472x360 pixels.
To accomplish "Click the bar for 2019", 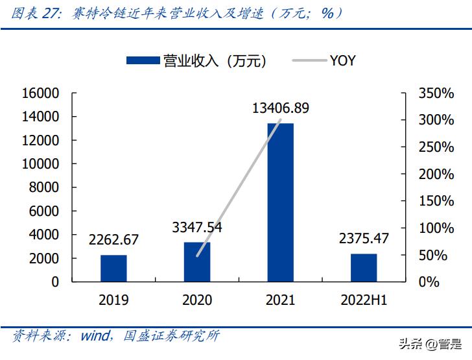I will (113, 268).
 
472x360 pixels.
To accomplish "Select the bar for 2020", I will (197, 261).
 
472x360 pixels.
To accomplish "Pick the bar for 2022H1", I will (364, 267).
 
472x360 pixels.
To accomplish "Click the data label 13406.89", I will (281, 108).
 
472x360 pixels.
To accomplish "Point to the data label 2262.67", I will (113, 239).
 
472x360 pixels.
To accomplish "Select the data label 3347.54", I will (197, 227).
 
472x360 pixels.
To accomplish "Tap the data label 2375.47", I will (364, 238).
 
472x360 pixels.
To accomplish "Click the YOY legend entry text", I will (342, 61).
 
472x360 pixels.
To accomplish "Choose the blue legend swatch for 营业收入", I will (143, 61).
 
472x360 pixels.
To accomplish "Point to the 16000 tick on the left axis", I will (40, 93).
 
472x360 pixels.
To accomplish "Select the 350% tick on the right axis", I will (436, 93).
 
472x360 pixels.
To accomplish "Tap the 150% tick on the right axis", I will (436, 201).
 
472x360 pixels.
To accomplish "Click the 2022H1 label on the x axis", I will (364, 300).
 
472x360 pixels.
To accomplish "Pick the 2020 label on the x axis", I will (197, 300).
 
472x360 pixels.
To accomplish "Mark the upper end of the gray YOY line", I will (280, 120).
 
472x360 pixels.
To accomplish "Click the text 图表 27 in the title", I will (30, 13).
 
